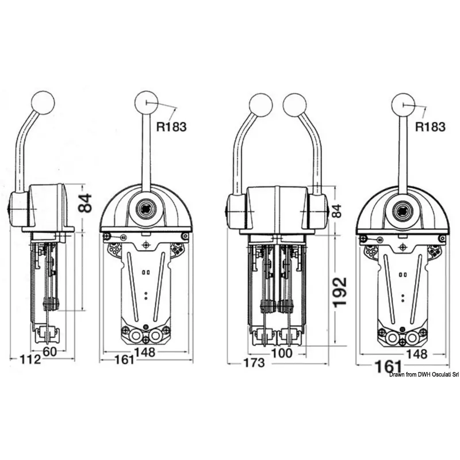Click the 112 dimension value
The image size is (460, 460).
pyautogui.click(x=30, y=361)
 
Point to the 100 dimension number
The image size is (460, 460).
pyautogui.click(x=282, y=353)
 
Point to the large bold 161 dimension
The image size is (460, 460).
pyautogui.click(x=384, y=366)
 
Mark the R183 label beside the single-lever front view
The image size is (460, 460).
pyautogui.click(x=172, y=127)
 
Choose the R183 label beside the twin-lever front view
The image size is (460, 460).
pyautogui.click(x=430, y=127)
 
